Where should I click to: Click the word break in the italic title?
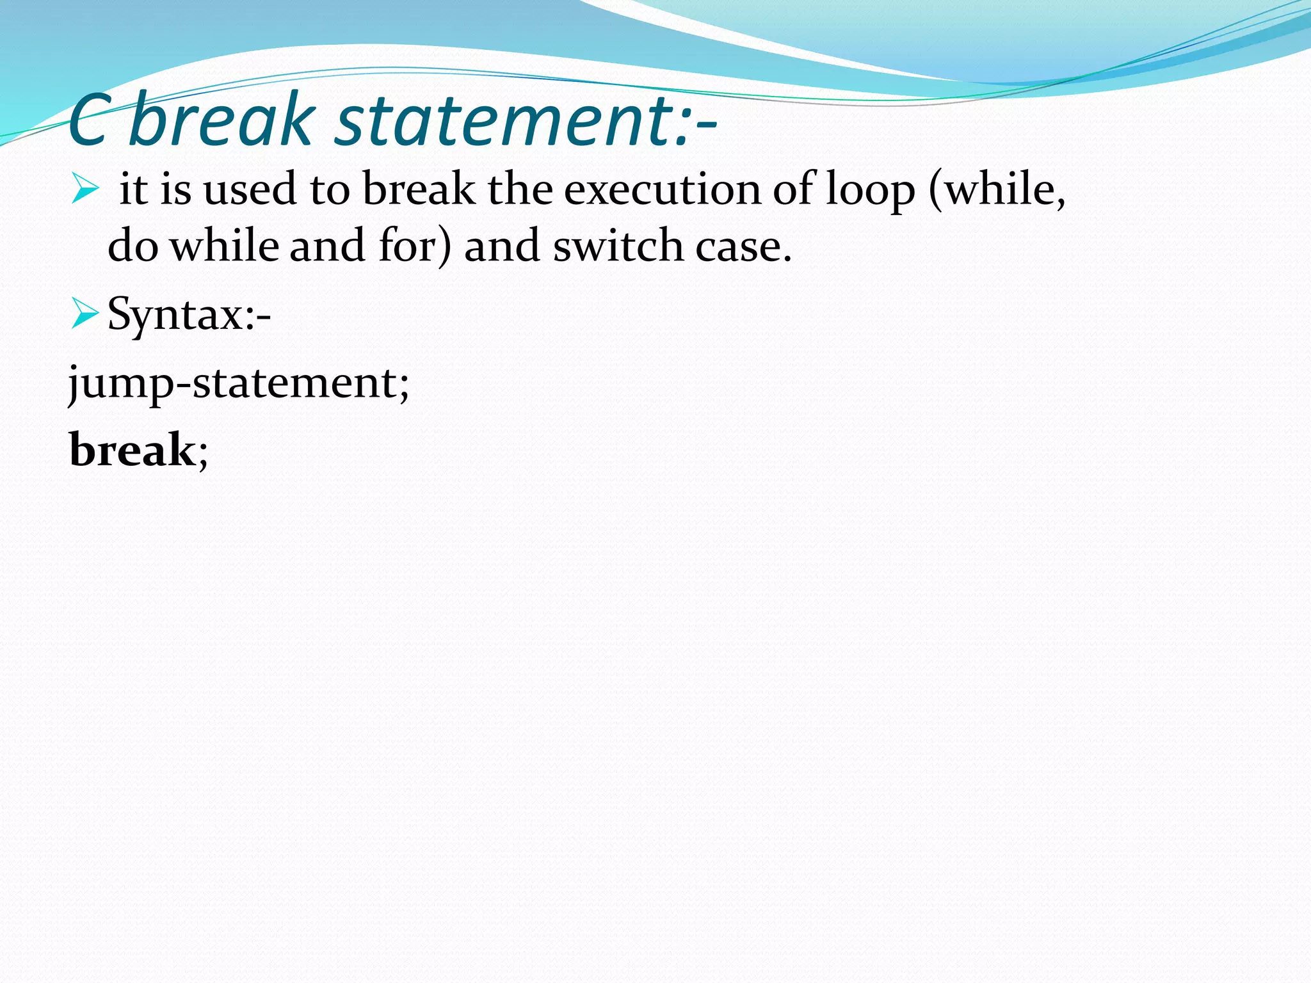pyautogui.click(x=221, y=120)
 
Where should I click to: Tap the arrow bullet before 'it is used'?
pyautogui.click(x=84, y=189)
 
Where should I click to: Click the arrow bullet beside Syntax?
pyautogui.click(x=84, y=314)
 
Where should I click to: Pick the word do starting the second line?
pyautogui.click(x=133, y=246)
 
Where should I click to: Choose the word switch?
pyautogui.click(x=618, y=246)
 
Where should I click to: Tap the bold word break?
pyautogui.click(x=131, y=450)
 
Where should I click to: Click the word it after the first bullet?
pyautogui.click(x=133, y=190)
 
